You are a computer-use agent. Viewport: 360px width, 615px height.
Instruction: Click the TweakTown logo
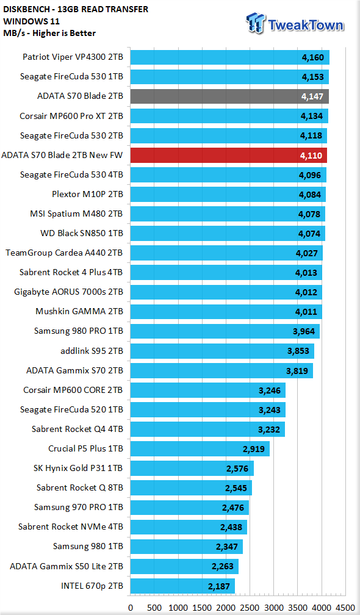pos(295,24)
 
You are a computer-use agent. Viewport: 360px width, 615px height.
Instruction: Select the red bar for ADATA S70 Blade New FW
pos(228,156)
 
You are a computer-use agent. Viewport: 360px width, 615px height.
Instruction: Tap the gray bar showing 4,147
pos(229,96)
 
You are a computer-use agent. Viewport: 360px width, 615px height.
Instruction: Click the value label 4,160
pos(313,57)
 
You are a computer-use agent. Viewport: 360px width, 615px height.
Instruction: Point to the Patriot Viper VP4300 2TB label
pos(73,57)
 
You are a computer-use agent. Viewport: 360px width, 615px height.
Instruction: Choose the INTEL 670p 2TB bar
pos(182,586)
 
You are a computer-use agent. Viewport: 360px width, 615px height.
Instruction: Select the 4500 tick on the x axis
pos(345,608)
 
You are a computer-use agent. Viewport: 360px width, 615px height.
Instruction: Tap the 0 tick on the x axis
pos(131,608)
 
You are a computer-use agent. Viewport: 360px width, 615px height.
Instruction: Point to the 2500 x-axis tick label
pos(250,608)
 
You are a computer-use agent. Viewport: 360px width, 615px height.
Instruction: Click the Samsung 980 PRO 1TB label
pos(79,331)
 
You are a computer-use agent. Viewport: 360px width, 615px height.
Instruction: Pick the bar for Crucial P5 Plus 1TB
pos(200,448)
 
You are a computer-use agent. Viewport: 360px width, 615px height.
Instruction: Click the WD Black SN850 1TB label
pos(82,233)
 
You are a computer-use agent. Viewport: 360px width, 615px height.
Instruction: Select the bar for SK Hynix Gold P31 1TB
pos(192,469)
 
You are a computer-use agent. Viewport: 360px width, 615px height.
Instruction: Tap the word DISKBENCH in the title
pos(23,9)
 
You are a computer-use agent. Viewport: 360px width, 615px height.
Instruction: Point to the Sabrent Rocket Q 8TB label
pos(79,487)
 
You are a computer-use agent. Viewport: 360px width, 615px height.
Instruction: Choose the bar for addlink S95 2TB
pos(222,351)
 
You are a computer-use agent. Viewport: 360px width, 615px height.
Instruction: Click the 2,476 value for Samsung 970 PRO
pos(233,508)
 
